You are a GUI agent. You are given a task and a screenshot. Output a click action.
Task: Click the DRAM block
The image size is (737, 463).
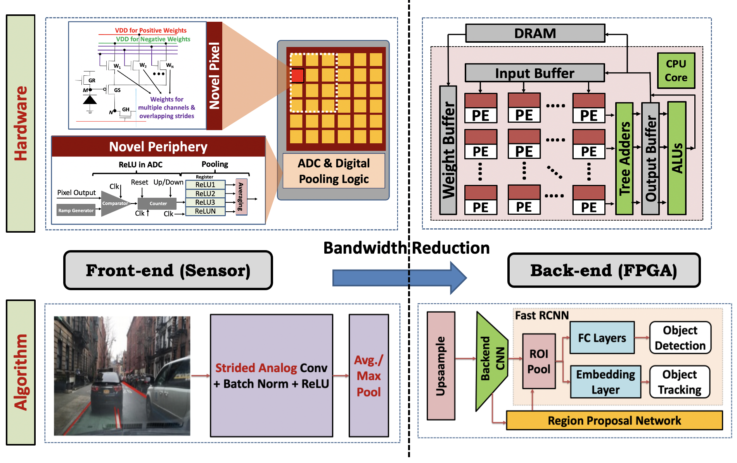pos(535,33)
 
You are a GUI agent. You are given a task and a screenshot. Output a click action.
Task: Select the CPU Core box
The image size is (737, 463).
pos(676,71)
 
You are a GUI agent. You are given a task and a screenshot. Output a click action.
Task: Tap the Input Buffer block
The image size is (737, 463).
pos(535,73)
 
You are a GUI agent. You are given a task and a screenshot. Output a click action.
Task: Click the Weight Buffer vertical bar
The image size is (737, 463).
pos(448,151)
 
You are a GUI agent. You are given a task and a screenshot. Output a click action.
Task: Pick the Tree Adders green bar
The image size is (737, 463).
pos(624,158)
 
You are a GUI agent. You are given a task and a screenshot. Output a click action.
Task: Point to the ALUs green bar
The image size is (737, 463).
pos(677,158)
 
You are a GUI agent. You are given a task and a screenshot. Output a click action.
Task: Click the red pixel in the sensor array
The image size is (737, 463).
pos(298,75)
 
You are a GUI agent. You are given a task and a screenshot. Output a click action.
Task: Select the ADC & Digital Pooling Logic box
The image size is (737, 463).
pos(334,171)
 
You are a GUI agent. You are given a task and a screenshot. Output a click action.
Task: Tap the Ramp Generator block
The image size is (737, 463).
pos(76,210)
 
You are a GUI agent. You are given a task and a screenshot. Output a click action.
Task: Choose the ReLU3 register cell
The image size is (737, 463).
pos(205,202)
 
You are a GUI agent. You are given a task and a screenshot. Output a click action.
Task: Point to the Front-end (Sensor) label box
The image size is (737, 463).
pos(168,270)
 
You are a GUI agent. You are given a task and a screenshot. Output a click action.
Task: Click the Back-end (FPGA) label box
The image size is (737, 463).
pos(604,270)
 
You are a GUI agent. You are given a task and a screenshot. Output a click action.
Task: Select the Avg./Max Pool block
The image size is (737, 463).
pos(368,376)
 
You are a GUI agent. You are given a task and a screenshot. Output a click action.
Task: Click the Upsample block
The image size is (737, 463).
pos(441,366)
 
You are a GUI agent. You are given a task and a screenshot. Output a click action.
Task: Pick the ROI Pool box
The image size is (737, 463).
pos(539,361)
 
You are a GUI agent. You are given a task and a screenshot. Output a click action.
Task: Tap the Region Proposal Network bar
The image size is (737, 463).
pos(614,420)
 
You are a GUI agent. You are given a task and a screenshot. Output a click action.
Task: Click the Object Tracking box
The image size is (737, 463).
pos(680,382)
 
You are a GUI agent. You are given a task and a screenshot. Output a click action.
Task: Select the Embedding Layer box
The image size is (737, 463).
pos(605,382)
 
